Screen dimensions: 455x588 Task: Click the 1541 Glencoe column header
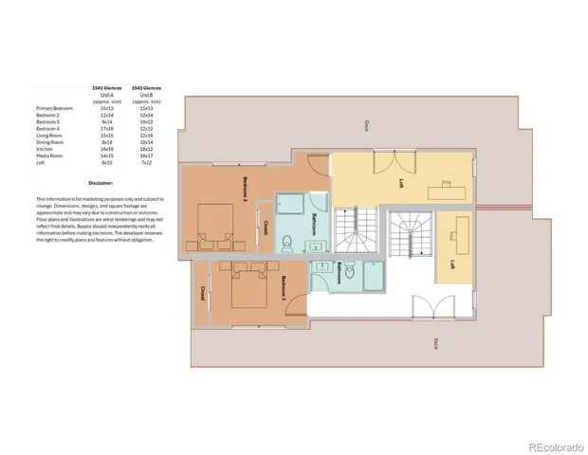(x=105, y=87)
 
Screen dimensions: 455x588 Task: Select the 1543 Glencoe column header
(x=146, y=87)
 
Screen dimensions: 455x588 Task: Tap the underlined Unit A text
(x=105, y=94)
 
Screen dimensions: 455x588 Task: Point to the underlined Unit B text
(x=146, y=94)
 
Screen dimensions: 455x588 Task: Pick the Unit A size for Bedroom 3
(x=105, y=122)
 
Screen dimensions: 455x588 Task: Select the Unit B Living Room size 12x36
(x=146, y=136)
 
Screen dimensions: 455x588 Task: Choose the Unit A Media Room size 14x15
(x=105, y=155)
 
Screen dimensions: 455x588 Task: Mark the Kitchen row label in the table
(x=44, y=149)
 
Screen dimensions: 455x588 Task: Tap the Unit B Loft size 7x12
(x=146, y=162)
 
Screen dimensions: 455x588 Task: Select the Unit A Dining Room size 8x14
(x=105, y=142)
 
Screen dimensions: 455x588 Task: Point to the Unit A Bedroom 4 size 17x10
(x=105, y=129)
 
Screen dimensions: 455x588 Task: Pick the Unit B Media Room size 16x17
(x=146, y=155)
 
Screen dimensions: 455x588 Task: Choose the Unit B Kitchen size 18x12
(x=146, y=149)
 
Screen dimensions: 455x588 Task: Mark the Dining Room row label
(x=48, y=142)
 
